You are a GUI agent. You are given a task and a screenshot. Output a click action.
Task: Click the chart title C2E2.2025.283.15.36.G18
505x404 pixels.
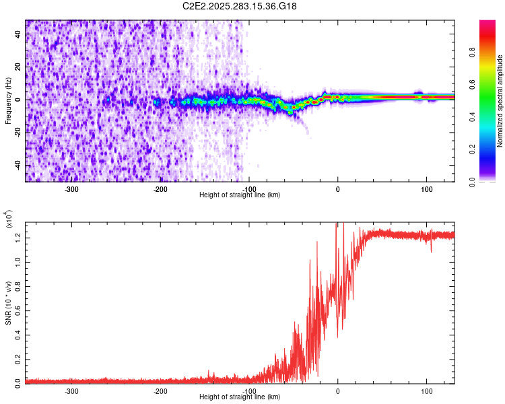click(240, 6)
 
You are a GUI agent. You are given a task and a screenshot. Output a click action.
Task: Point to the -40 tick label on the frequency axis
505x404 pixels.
click(18, 165)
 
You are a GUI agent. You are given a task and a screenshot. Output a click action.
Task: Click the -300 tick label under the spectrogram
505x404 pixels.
click(71, 189)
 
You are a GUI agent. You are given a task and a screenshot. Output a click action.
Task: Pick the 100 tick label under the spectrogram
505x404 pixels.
click(426, 189)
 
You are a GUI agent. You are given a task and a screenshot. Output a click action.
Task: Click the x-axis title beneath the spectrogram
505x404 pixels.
click(240, 195)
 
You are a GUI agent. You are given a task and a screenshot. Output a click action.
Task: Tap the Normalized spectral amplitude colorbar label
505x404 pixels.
click(500, 101)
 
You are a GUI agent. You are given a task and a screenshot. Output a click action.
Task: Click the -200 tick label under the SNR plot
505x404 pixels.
click(160, 391)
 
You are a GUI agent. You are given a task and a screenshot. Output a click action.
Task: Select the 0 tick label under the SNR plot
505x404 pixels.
click(338, 391)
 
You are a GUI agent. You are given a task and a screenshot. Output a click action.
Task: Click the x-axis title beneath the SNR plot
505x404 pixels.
click(240, 397)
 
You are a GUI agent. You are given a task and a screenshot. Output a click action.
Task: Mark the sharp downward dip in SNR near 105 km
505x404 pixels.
click(431, 250)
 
